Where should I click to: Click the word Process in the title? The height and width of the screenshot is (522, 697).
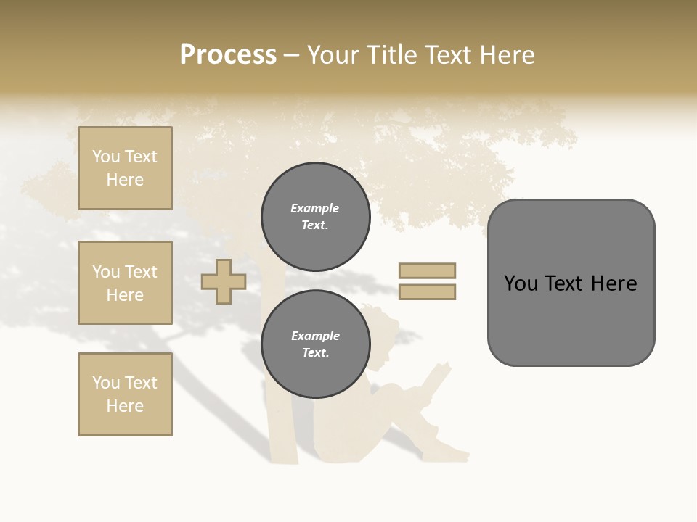click(x=228, y=55)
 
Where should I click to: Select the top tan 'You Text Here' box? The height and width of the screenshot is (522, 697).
click(x=125, y=168)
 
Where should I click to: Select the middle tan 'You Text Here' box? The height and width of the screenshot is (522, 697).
click(x=125, y=283)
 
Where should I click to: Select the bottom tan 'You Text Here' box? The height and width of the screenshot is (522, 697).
click(x=125, y=394)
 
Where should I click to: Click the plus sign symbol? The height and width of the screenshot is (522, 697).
click(x=224, y=282)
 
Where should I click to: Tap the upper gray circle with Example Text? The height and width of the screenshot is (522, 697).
click(x=315, y=217)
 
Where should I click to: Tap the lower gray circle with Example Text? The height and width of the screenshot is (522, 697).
click(x=315, y=344)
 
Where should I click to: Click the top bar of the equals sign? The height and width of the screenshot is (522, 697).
click(x=427, y=271)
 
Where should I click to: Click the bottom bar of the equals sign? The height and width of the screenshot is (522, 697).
click(x=427, y=292)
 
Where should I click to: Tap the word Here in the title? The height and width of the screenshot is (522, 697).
click(x=506, y=55)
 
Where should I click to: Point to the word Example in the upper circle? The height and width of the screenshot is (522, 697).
click(x=315, y=209)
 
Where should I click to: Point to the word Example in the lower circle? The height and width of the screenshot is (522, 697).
click(x=315, y=336)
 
